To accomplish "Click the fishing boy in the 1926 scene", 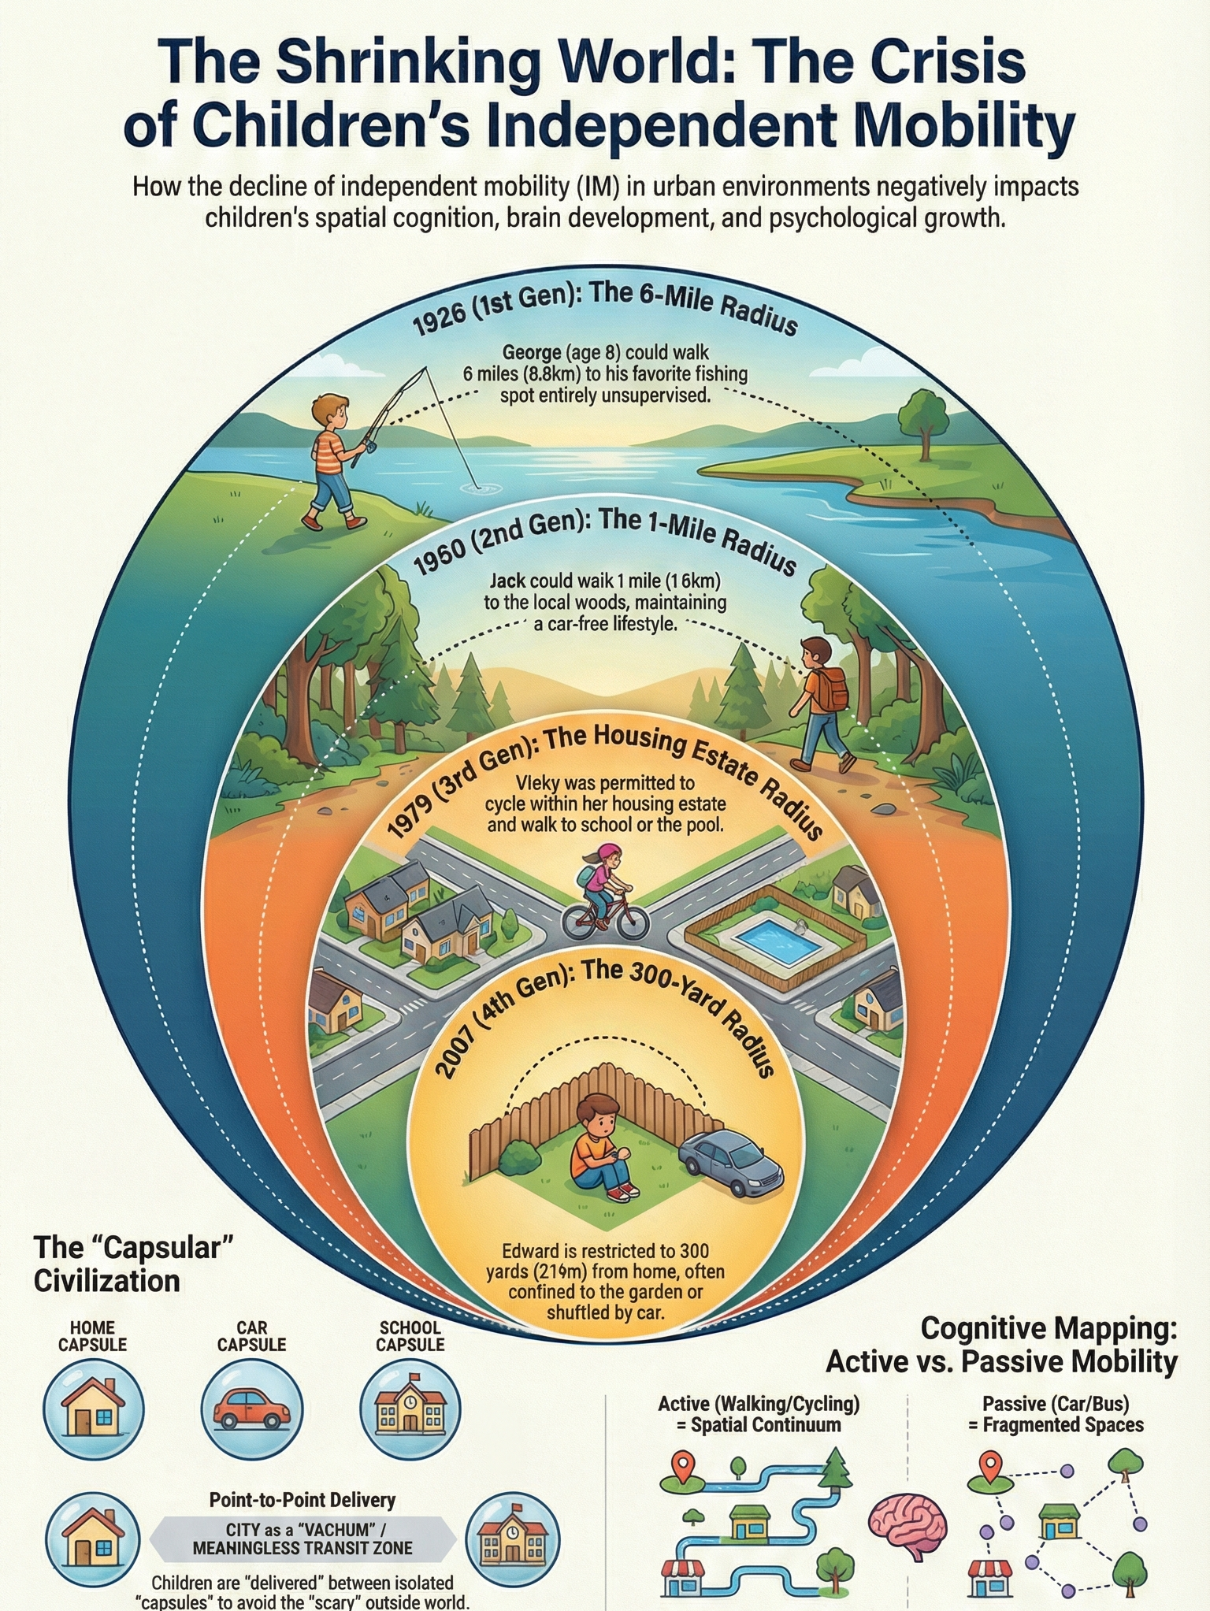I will coord(335,461).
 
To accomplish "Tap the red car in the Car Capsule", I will coord(251,1409).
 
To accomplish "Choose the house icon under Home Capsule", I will coord(93,1409).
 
